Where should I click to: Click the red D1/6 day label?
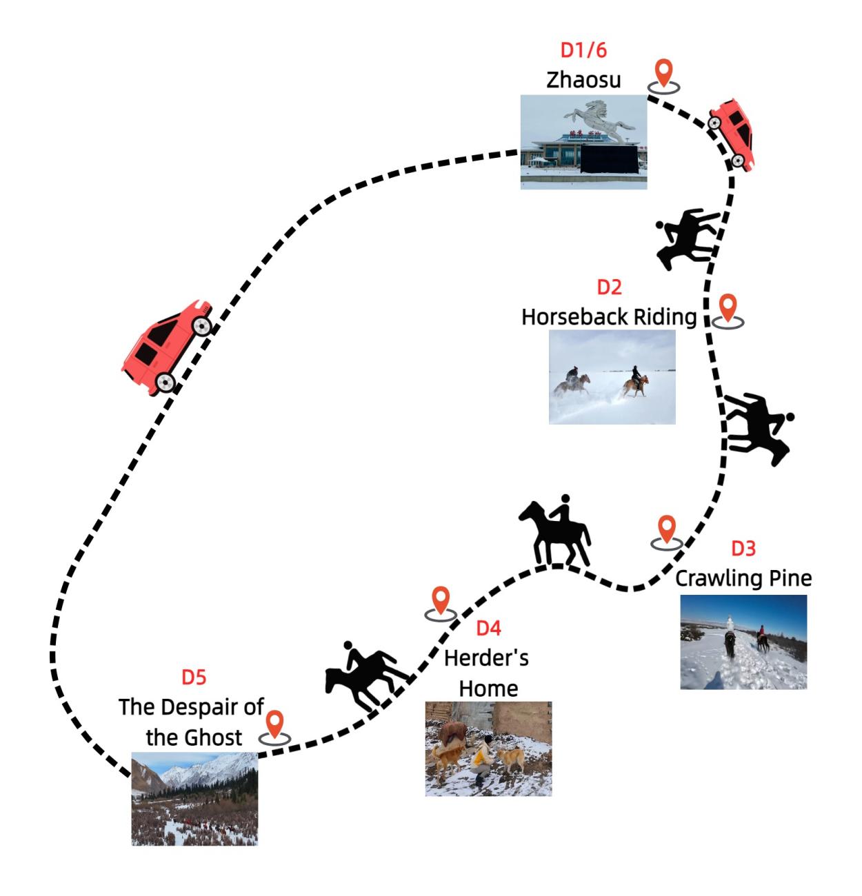583,50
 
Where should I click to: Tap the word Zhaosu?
583,80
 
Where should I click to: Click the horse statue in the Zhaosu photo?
599,119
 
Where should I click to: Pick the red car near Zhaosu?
732,134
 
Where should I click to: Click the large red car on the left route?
168,347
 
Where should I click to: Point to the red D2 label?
609,287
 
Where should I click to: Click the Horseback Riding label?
608,317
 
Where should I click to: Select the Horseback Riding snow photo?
612,377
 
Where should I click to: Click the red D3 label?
743,549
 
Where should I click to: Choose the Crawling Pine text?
743,578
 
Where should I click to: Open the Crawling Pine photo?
743,642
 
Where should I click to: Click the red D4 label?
488,628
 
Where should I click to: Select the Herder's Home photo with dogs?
488,749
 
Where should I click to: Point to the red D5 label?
194,678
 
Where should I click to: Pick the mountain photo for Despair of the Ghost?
194,799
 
